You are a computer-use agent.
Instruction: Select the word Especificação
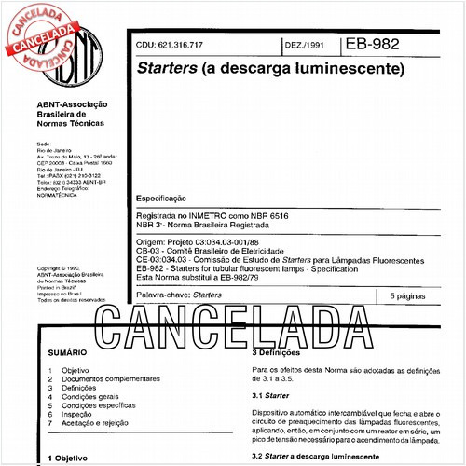tap(161, 199)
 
